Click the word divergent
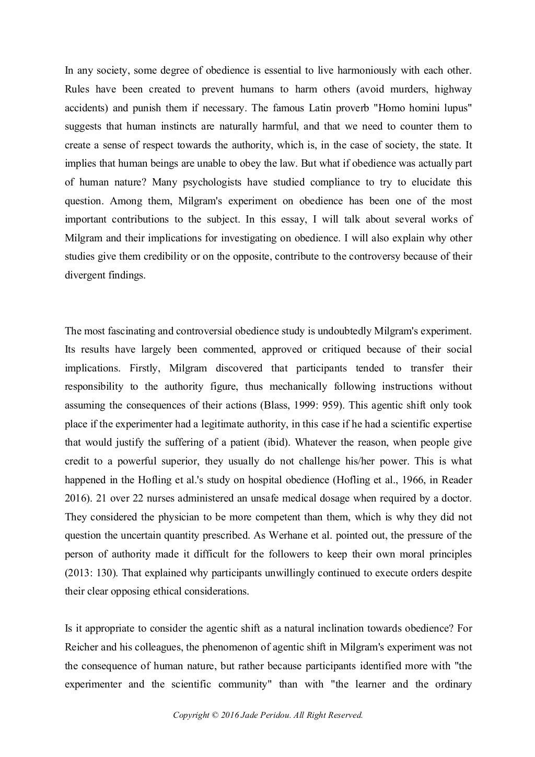pos(85,275)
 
